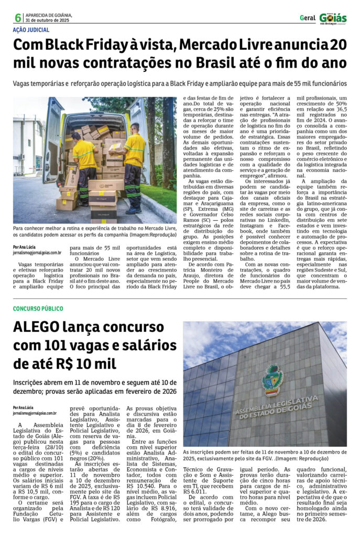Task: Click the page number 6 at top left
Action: pos(18,18)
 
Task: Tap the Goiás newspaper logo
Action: pos(333,18)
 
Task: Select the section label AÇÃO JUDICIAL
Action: pos(31,30)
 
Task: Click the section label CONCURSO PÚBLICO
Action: pos(38,308)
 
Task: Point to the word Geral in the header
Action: pos(307,18)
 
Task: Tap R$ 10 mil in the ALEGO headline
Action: pos(85,364)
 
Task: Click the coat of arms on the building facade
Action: pos(272,380)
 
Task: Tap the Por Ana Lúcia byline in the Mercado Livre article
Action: pos(25,246)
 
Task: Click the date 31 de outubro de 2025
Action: pos(46,20)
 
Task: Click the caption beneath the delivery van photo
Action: pos(94,232)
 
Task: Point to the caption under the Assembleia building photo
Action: pos(265,454)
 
